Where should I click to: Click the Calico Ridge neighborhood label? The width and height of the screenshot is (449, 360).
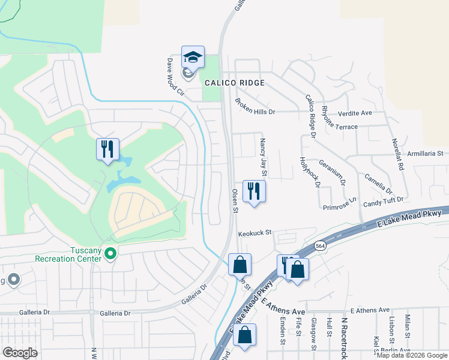click(234, 83)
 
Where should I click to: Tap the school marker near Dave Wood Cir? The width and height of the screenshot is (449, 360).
click(193, 58)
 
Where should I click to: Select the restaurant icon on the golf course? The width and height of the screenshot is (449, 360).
click(108, 149)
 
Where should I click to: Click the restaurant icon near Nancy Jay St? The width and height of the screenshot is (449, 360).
click(253, 191)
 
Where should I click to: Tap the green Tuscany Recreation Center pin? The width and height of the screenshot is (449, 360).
click(110, 254)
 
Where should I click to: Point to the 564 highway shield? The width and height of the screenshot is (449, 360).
click(319, 247)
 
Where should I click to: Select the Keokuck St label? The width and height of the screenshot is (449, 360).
click(255, 232)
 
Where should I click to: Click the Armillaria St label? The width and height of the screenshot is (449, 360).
click(428, 153)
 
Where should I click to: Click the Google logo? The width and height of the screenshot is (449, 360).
click(20, 353)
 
